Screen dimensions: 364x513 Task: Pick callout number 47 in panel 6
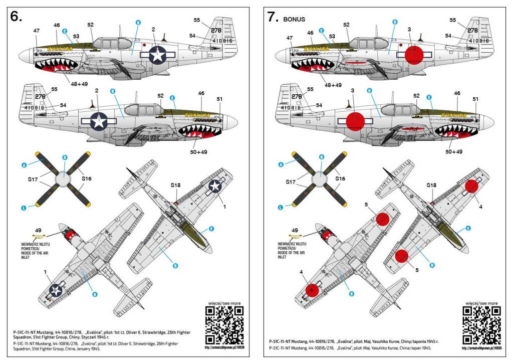[x=37, y=31]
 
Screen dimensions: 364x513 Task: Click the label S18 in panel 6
[x=175, y=185]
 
